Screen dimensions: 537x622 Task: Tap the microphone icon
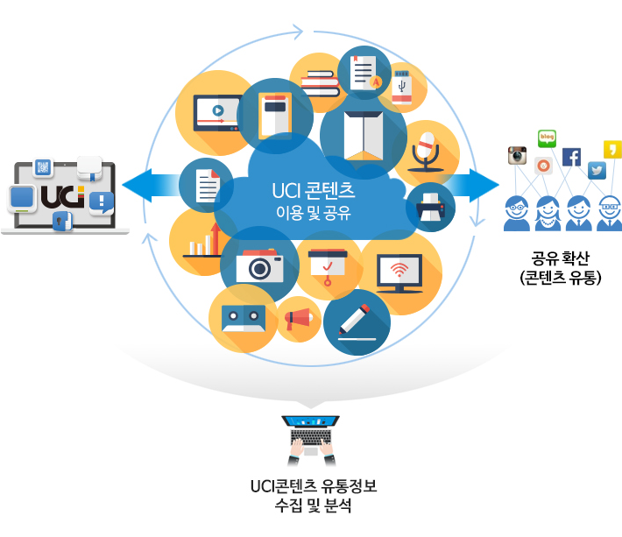coord(426,149)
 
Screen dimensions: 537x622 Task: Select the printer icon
coord(431,208)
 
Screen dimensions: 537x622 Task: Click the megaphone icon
coord(299,320)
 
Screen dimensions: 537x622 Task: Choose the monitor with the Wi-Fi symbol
coord(399,272)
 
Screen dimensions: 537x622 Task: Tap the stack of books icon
coord(320,82)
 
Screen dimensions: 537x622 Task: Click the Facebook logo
coord(571,158)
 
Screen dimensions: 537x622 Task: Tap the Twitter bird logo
coord(597,170)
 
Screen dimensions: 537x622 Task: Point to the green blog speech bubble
coord(548,138)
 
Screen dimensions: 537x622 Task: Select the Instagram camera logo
coord(517,155)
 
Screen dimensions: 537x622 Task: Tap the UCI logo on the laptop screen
coord(64,196)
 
